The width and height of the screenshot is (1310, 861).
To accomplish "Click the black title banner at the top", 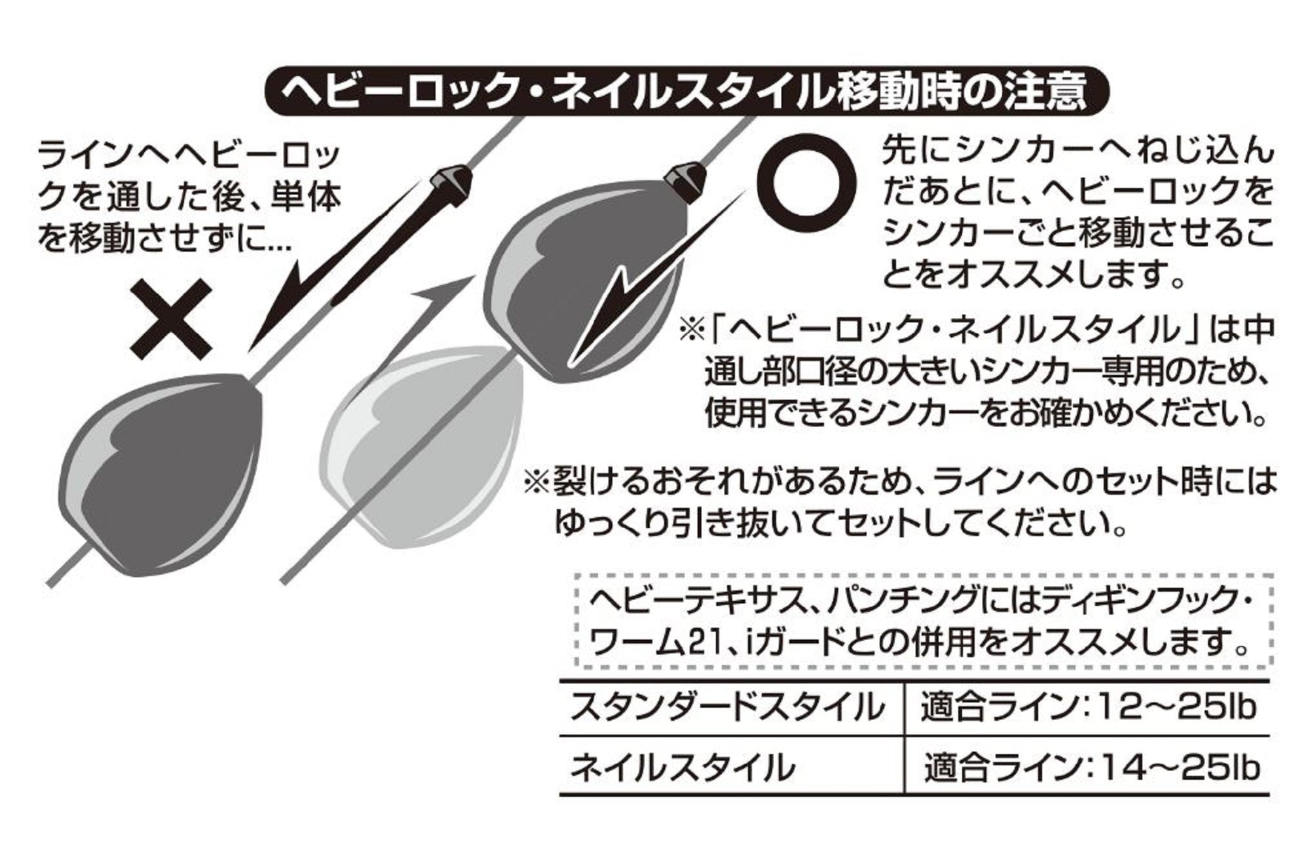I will coord(686,92).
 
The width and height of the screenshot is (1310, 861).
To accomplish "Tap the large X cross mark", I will coord(171,319).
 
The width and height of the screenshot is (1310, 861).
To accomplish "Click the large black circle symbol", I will coord(806,180).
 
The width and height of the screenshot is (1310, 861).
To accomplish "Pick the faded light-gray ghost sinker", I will coord(419,446).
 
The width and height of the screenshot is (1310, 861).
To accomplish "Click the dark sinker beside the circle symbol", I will coord(583,275).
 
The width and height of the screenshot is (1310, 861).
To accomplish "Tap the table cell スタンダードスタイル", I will coord(727,708).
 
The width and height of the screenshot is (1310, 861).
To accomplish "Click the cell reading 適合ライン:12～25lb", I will coord(1088,708).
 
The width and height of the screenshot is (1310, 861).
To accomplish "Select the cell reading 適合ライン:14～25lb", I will coord(1091,767).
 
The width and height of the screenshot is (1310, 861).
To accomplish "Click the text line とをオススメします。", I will coord(1035,273).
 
